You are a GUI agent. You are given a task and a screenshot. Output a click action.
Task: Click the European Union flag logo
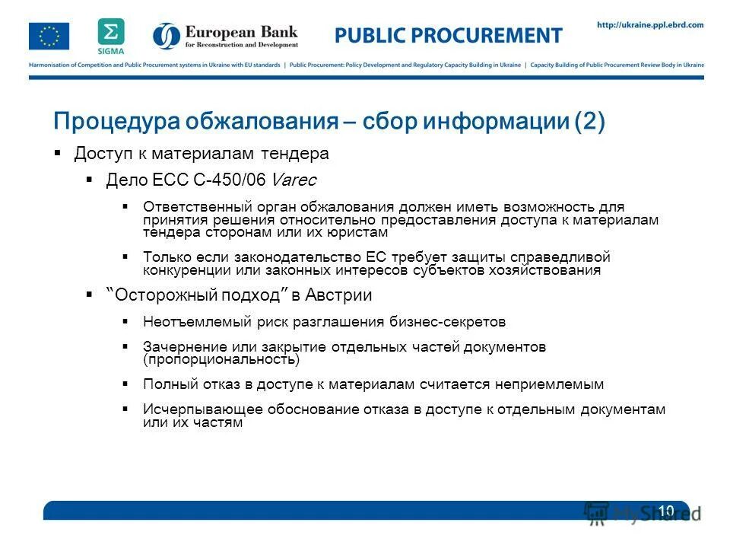point(49,36)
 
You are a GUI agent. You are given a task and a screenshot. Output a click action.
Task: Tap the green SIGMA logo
point(110,35)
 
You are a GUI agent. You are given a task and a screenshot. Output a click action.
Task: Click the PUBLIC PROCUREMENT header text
point(449,36)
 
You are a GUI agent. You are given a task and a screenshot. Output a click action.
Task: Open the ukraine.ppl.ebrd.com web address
point(650,25)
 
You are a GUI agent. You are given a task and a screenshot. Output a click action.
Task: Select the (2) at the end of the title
point(589,122)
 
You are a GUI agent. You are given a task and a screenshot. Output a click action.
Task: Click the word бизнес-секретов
point(446,322)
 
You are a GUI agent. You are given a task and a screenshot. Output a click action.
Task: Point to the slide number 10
point(666,510)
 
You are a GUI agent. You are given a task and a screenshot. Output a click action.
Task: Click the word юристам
point(352,232)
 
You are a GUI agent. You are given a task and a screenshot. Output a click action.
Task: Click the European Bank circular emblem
point(167,36)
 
